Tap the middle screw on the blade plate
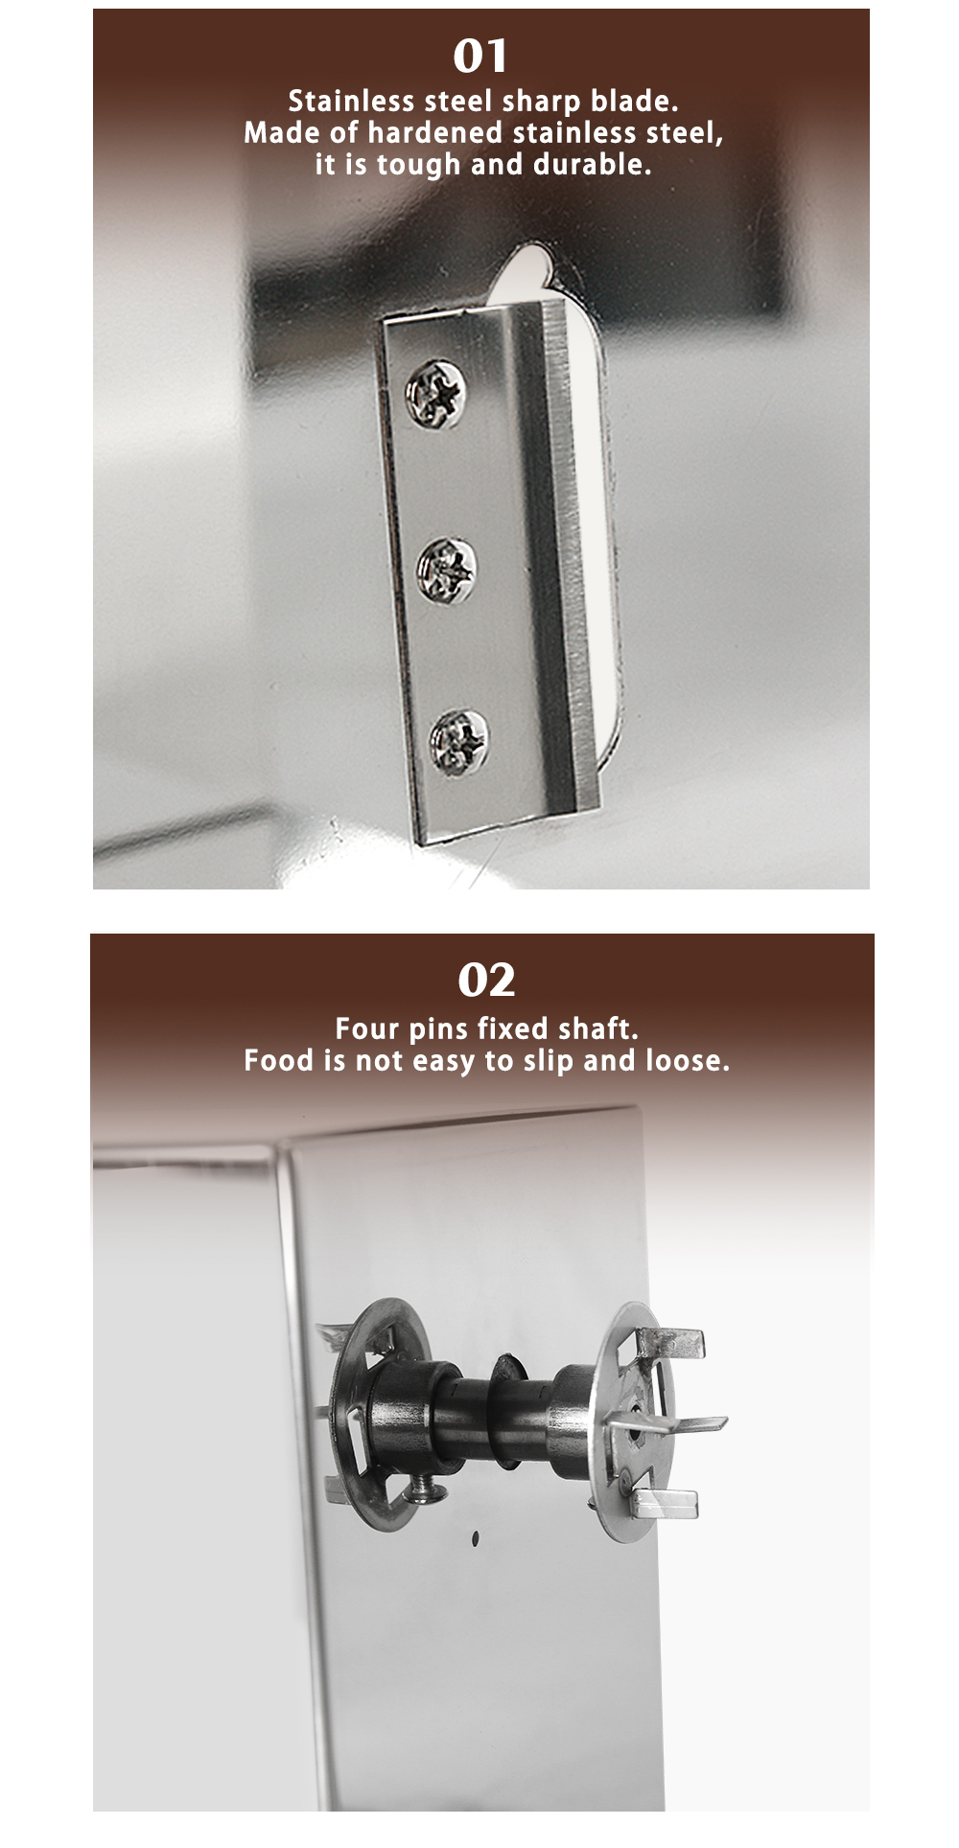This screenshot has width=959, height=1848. click(x=446, y=571)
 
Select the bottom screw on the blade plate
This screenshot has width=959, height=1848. click(x=457, y=741)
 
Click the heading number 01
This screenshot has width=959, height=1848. click(x=480, y=57)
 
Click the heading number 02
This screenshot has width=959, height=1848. click(x=486, y=980)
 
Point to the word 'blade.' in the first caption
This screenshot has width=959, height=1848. click(x=634, y=102)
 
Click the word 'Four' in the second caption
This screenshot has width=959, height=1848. click(x=366, y=1029)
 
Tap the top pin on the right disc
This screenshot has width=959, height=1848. click(x=675, y=1343)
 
